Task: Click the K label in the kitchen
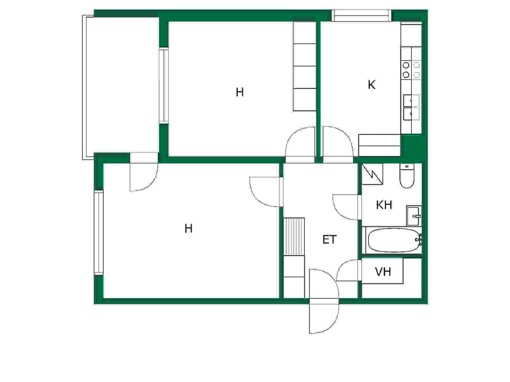coord(371,85)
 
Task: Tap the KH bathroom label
coord(384,205)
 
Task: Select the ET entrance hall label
coord(330,240)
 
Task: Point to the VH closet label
coord(383,272)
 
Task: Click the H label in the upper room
coord(240,92)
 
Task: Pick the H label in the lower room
coord(188,229)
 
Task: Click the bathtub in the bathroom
coord(394,240)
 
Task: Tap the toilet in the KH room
coord(407,175)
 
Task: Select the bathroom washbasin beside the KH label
coord(414,216)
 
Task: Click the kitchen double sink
coord(412,107)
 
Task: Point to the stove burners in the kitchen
coord(411,70)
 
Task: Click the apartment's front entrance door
coord(324,301)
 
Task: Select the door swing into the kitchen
coord(338,142)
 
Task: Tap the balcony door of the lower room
coord(144,172)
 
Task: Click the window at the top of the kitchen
coord(361,15)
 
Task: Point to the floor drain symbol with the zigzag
coord(372,174)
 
